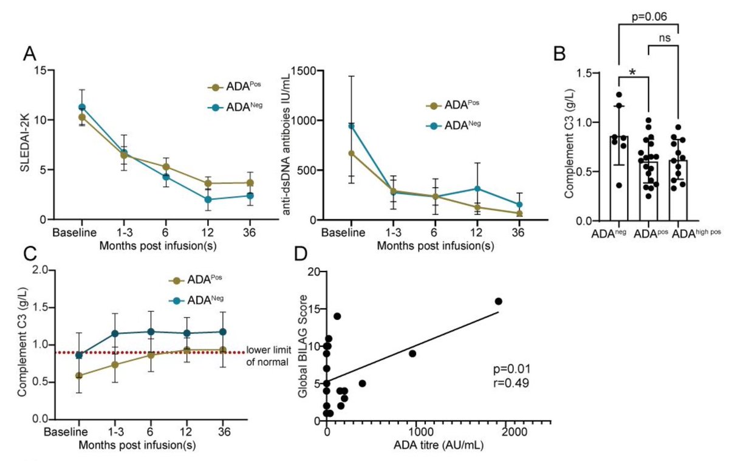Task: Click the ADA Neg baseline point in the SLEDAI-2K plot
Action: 81,107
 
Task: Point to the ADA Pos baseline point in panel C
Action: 79,375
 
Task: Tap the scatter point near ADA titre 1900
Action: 499,301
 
